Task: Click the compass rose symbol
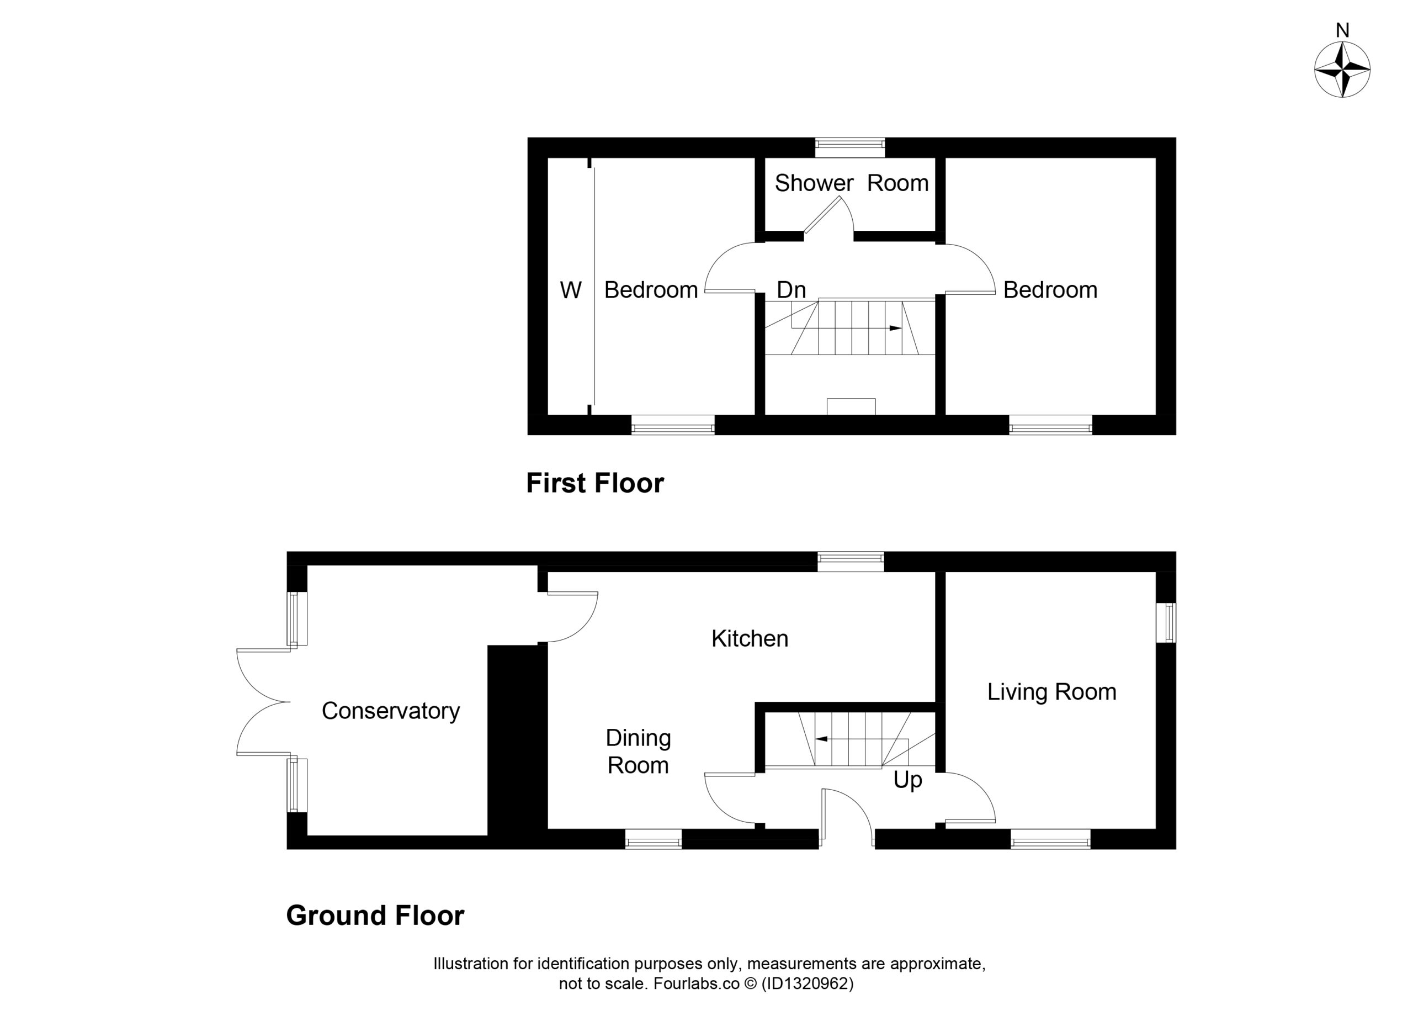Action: [x=1342, y=70]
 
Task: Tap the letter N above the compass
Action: [x=1342, y=30]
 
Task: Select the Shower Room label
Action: [x=852, y=183]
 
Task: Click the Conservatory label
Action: [x=391, y=711]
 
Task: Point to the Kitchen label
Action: [x=750, y=638]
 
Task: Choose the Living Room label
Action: [x=1051, y=692]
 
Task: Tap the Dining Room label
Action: [x=638, y=752]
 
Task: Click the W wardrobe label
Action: [x=571, y=290]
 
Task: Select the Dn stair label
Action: [x=792, y=290]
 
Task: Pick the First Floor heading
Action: [x=595, y=483]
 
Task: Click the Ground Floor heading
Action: [x=375, y=916]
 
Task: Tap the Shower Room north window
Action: [x=850, y=148]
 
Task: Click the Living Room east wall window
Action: [x=1166, y=622]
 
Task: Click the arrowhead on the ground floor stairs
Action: [x=821, y=739]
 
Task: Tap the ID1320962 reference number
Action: [x=808, y=983]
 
